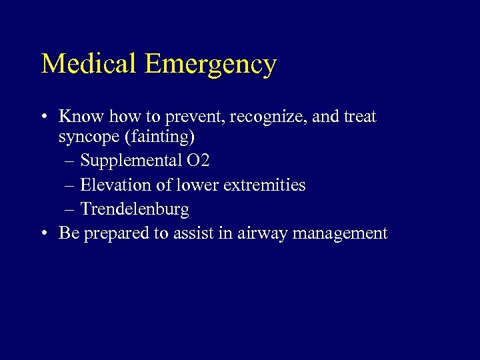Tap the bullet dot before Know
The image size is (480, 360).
(x=44, y=117)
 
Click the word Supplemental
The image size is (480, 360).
(x=134, y=161)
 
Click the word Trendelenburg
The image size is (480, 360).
(x=135, y=209)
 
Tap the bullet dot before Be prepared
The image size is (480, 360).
(x=44, y=233)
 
